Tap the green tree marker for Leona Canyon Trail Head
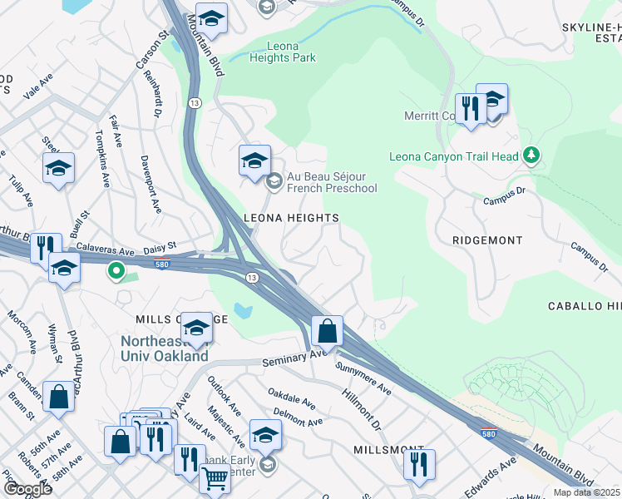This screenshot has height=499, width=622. point(531,156)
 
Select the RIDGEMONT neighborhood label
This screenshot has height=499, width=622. point(487,240)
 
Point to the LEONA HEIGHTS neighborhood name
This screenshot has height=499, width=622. point(290,218)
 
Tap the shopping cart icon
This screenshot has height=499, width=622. point(215,479)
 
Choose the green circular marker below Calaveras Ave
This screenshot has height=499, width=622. point(116,270)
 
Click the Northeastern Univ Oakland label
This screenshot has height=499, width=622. point(164,348)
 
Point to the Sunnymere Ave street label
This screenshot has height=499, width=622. point(363,377)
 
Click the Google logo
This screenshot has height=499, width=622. point(27,489)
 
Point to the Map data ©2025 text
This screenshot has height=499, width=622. point(587,492)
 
